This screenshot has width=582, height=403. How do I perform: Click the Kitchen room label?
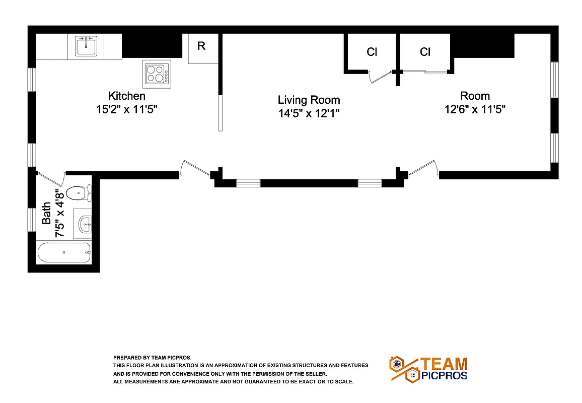coord(127,96)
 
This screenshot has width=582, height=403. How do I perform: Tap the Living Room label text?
coord(309,100)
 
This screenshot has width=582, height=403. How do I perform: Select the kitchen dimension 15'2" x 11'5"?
coord(127,109)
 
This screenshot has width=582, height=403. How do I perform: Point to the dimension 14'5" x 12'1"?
coord(309,113)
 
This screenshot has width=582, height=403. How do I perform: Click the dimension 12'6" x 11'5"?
coord(475,109)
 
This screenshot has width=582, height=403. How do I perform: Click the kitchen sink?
coord(86,47)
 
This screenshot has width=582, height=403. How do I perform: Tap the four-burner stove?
coord(156,73)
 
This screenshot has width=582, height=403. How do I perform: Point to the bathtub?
coord(64,252)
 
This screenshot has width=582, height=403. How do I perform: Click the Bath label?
coord(46,213)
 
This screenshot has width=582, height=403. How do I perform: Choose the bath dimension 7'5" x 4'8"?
coord(59,213)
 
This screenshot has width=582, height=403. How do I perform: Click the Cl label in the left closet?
coord(372,52)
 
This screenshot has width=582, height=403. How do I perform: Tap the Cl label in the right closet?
coord(425,52)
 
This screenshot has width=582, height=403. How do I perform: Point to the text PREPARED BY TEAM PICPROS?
coord(153,357)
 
